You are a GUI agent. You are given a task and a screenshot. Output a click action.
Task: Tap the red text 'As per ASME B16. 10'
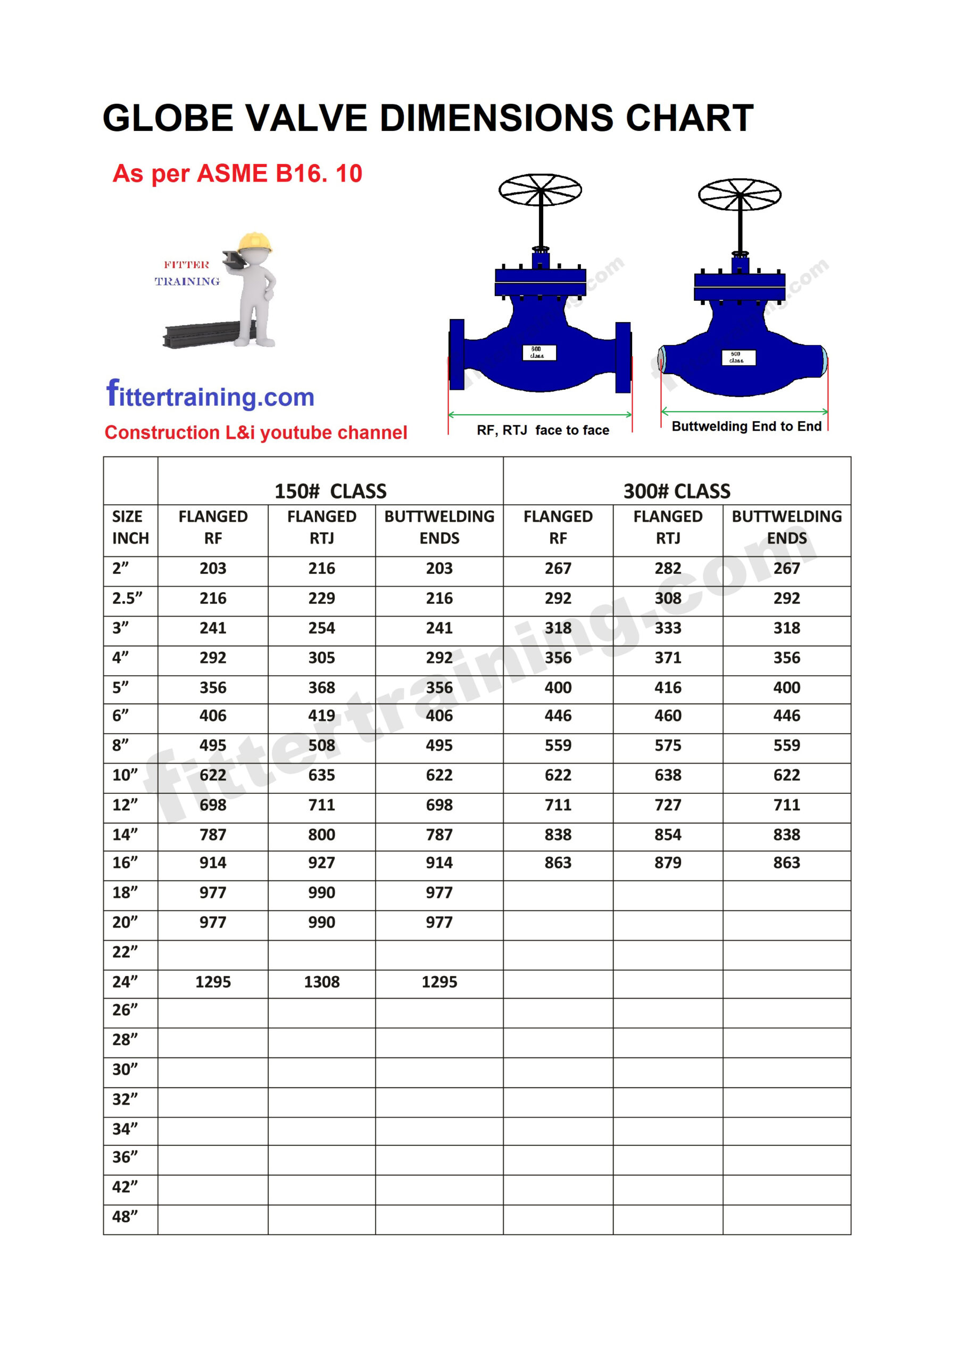237,174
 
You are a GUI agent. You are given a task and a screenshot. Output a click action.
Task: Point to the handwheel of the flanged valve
540,190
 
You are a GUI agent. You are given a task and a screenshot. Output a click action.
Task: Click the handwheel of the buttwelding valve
740,195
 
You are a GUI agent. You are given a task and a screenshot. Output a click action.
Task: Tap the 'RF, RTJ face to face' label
543,430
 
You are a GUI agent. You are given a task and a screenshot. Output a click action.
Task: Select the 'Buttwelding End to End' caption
746,426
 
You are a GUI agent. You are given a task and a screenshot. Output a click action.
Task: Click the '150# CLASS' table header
330,491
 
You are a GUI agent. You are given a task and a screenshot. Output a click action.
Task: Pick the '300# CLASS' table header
676,491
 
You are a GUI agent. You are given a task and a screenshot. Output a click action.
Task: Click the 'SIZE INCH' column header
130,527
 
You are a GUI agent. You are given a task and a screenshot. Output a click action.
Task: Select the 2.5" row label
127,598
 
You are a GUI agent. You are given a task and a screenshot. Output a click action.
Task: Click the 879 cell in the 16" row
668,863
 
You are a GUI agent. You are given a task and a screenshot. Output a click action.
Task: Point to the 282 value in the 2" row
668,568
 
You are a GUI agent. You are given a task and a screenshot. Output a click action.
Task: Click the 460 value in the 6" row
668,716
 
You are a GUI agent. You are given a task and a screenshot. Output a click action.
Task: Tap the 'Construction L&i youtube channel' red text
256,432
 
